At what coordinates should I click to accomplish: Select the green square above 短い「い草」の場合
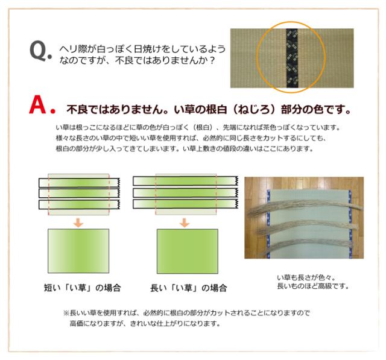pos(78,252)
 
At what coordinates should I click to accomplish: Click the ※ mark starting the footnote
pos(67,314)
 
